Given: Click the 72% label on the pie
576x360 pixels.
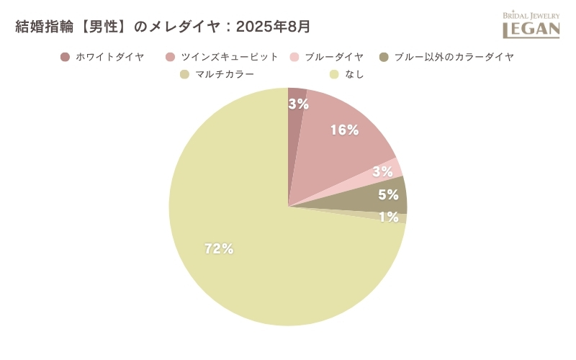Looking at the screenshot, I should click(219, 249).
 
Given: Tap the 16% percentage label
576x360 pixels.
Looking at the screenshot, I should click(344, 130).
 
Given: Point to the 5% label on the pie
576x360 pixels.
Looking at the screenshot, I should click(388, 194).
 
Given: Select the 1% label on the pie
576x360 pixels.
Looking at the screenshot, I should click(389, 217).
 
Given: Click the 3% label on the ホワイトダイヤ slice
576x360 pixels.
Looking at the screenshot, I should click(298, 104).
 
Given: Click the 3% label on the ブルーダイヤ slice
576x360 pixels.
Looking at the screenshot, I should click(382, 171).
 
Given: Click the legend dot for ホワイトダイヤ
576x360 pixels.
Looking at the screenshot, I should click(66, 57).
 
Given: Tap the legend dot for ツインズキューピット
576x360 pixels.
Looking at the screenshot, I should click(171, 57).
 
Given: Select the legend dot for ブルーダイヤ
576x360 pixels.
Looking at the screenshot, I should click(294, 57).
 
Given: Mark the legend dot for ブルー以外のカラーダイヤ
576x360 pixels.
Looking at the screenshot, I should click(384, 57).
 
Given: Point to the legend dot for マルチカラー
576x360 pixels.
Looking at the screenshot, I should click(184, 74).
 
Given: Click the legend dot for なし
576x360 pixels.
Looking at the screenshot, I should click(334, 74).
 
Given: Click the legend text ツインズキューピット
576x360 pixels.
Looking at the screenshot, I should click(230, 57).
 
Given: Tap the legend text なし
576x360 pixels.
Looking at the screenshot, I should click(355, 74).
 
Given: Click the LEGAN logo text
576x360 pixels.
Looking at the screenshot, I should click(531, 30).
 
